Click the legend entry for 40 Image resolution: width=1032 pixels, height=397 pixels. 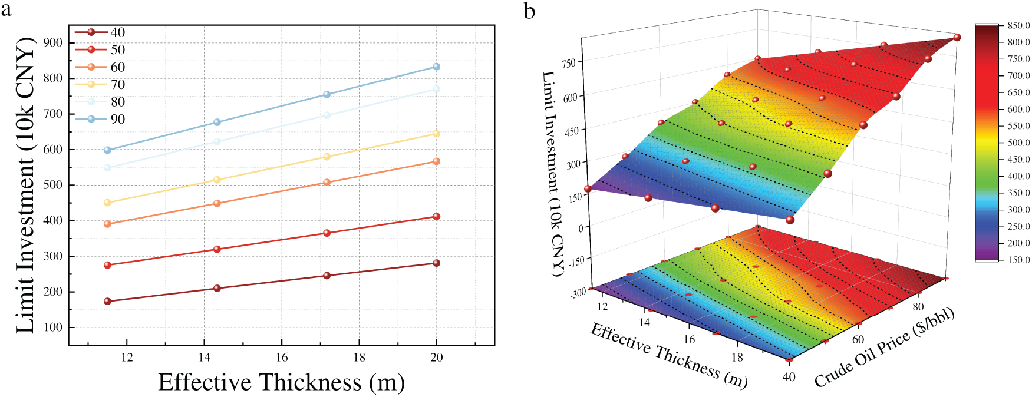pos(117,32)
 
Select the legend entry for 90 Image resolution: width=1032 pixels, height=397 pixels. pos(117,119)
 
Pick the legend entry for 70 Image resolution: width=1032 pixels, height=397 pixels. pos(117,84)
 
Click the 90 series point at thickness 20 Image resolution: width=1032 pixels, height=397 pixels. pos(436,67)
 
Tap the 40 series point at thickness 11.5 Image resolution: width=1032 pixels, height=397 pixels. pos(107,301)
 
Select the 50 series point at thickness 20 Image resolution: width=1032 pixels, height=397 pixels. pos(436,216)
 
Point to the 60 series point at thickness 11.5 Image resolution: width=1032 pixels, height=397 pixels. pos(107,224)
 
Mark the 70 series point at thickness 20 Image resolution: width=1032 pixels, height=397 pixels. pos(436,134)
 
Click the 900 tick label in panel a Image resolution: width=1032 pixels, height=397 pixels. pos(53,42)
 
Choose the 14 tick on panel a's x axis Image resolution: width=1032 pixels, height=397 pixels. pos(204,357)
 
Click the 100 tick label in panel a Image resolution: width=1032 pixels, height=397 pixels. pos(53,327)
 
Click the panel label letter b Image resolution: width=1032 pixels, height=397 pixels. pos(529,11)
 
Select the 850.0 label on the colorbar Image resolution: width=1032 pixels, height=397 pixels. pos(1018,25)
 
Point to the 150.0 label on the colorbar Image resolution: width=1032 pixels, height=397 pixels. pos(1018,260)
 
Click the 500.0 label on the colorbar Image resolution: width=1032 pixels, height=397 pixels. pos(1018,143)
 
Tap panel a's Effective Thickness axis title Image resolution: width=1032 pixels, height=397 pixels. pos(281,382)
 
